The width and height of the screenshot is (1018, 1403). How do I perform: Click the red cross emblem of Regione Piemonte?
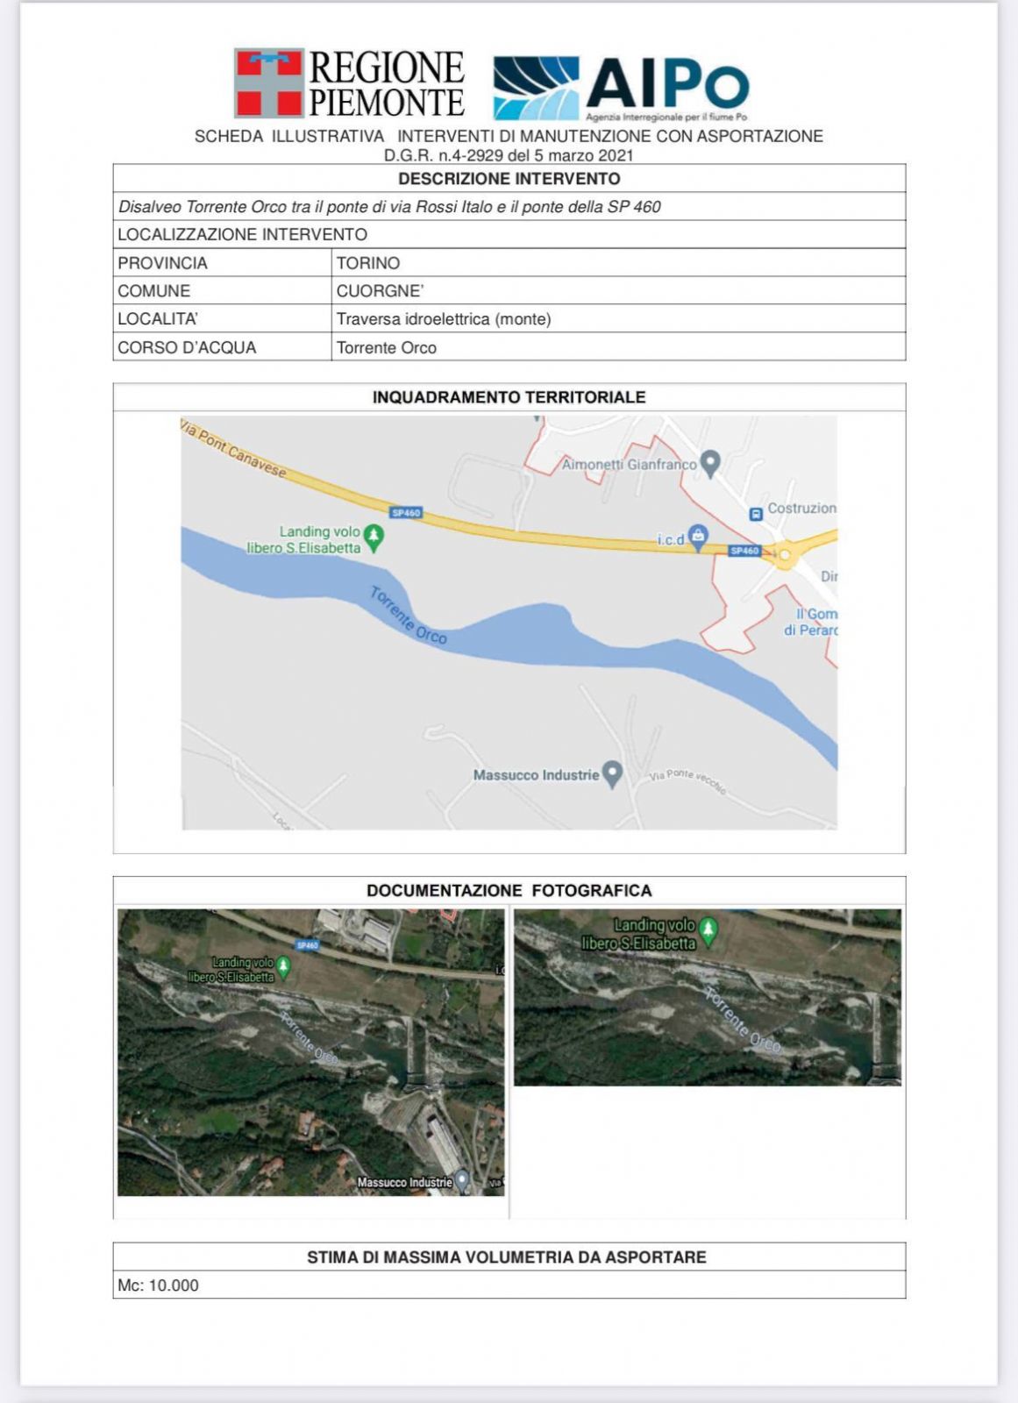coord(268,82)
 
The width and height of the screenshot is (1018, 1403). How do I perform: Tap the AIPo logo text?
coord(666,85)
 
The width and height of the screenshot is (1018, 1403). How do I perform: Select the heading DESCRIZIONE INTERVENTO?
coord(509,179)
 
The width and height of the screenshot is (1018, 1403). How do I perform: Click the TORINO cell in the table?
coord(368,263)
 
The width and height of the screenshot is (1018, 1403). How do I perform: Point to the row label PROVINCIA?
coord(162,263)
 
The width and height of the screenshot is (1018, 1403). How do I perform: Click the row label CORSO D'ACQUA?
coord(187,347)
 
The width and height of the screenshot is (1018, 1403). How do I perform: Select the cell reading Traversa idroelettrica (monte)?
coord(444,319)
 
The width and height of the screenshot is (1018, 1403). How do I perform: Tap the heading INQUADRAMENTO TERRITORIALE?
coord(509,397)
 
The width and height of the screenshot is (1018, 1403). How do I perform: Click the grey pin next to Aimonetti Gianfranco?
coord(711,462)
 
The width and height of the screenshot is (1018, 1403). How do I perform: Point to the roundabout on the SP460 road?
coord(784,554)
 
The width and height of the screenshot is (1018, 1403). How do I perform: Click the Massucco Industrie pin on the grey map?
coord(613,773)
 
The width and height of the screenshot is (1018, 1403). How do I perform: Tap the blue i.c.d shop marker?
coord(698,535)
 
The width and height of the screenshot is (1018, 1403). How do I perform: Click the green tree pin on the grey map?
coord(374,536)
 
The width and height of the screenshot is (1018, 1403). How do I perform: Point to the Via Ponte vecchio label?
coord(687,780)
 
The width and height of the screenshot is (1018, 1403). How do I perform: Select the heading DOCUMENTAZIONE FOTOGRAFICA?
coord(509,891)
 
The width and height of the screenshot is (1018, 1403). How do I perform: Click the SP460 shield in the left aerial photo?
coord(307,946)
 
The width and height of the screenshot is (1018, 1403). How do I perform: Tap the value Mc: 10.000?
coord(159,1285)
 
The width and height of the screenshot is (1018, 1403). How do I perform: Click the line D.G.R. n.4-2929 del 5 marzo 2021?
coord(509,155)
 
